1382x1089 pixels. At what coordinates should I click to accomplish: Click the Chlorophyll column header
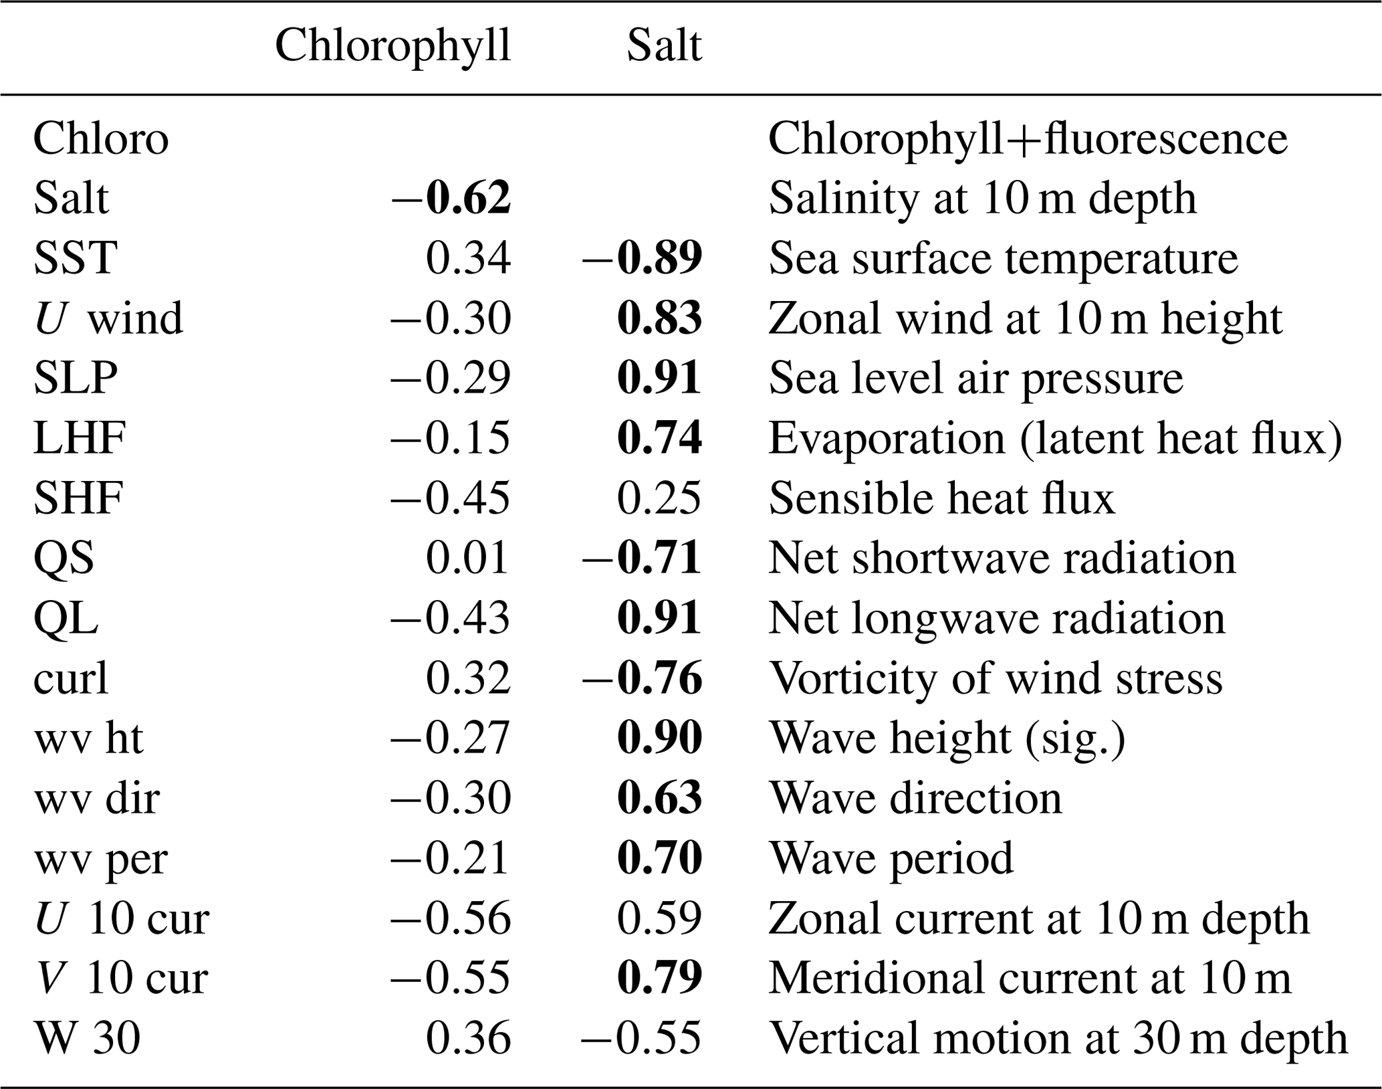[392, 47]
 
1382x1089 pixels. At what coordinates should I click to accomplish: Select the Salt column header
[664, 47]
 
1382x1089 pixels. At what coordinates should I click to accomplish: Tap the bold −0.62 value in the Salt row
[451, 198]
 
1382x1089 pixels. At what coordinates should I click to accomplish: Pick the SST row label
[76, 258]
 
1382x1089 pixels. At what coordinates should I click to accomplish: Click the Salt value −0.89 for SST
[642, 258]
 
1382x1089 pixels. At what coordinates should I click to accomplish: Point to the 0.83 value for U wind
[659, 318]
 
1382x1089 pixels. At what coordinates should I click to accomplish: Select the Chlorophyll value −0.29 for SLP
[451, 378]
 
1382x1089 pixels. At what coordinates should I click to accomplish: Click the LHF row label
[80, 438]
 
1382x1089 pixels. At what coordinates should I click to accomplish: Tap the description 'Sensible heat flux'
[942, 498]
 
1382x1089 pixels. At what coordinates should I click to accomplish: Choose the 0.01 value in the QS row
[467, 558]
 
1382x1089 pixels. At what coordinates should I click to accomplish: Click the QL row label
[66, 618]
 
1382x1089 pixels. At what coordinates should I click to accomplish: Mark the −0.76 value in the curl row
[642, 678]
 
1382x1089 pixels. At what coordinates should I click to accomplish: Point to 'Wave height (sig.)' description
[947, 738]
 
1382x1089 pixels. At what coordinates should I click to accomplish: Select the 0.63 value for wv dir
[659, 798]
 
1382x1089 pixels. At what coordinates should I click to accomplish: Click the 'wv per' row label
[100, 858]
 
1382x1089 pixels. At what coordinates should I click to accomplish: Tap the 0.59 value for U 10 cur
[659, 918]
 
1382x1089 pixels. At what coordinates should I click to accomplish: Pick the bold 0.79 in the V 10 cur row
[659, 978]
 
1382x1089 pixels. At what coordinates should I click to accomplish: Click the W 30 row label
[87, 1038]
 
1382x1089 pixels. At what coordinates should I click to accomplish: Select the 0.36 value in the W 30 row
[468, 1038]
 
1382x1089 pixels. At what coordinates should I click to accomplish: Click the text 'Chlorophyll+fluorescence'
[1028, 139]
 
